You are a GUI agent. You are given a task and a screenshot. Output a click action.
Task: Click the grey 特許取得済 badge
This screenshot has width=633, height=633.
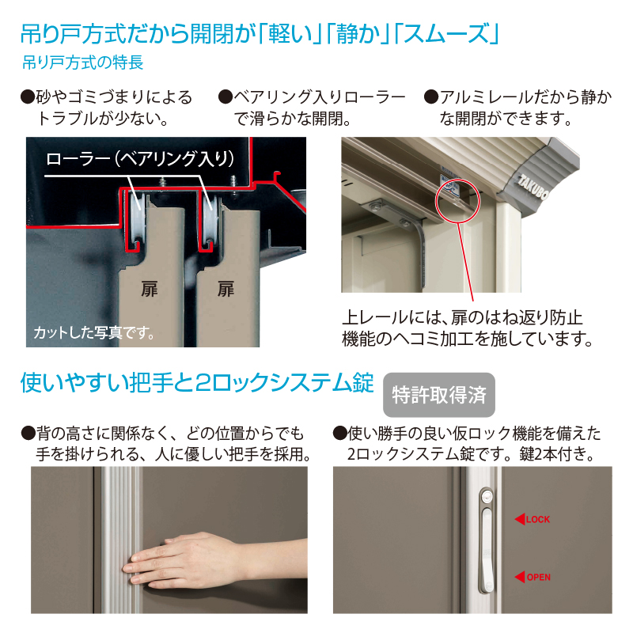pos(439,394)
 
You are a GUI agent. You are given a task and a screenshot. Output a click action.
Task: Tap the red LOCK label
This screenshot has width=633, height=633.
pos(538,520)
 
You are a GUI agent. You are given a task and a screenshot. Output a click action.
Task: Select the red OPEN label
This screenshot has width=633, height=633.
pos(539,578)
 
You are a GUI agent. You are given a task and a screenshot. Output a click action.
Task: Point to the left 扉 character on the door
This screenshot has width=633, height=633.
pos(150,289)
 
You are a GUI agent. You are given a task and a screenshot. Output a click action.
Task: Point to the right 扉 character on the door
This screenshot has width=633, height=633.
pos(226,289)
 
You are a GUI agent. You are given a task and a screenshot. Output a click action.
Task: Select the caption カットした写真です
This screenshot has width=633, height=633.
pos(93,332)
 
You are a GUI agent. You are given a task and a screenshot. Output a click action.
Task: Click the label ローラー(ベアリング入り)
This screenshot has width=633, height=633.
pos(140,158)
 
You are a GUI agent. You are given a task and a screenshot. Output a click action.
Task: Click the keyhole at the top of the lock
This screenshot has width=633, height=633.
pos(487,495)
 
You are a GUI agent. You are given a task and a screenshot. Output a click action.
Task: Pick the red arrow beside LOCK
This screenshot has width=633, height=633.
pos(520,520)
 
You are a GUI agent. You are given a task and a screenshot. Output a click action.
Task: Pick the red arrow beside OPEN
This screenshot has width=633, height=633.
pos(520,578)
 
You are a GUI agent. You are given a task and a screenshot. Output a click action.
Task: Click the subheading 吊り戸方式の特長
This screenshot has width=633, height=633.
pos(83,63)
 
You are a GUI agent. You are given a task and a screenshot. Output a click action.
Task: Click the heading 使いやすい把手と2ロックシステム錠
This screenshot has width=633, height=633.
pos(197,383)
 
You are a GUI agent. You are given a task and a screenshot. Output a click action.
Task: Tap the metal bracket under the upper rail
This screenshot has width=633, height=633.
pos(399,228)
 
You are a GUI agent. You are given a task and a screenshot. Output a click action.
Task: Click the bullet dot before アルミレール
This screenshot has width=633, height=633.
pos(431,97)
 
